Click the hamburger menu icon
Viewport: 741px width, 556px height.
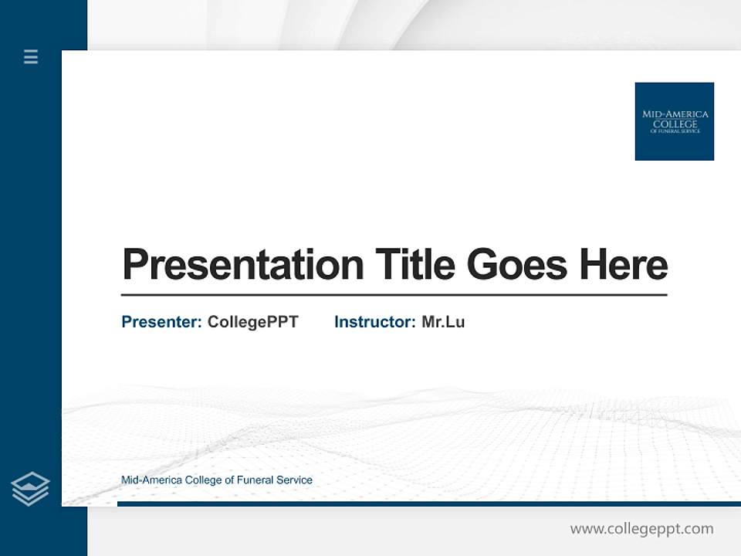[x=31, y=56]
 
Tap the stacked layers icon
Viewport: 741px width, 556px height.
[x=30, y=489]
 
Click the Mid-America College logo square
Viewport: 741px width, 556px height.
[x=674, y=121]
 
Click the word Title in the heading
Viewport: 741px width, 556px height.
[x=415, y=265]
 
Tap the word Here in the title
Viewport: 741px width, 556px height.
[x=624, y=265]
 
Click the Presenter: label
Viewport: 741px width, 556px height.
[x=161, y=322]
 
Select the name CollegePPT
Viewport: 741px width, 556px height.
[x=252, y=322]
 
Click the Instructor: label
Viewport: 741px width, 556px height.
[x=374, y=322]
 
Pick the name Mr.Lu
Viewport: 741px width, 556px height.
[x=443, y=322]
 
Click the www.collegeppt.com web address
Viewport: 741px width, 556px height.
[x=641, y=529]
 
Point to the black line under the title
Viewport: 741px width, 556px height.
[x=394, y=295]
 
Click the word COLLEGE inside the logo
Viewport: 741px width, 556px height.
[x=675, y=124]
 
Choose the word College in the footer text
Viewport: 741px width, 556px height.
[x=201, y=480]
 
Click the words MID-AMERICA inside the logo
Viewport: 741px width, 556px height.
[x=675, y=114]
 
